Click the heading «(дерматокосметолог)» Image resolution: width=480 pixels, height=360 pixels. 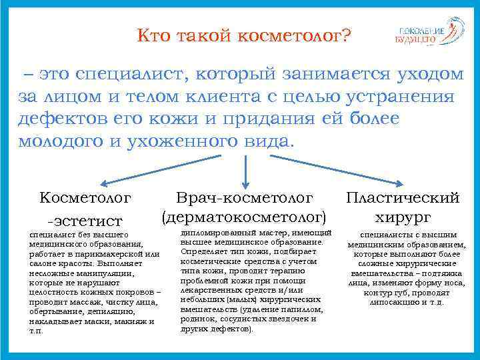pyautogui.click(x=245, y=217)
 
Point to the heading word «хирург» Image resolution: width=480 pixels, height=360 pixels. pyautogui.click(x=403, y=217)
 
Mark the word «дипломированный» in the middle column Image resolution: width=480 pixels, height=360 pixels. pyautogui.click(x=216, y=233)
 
